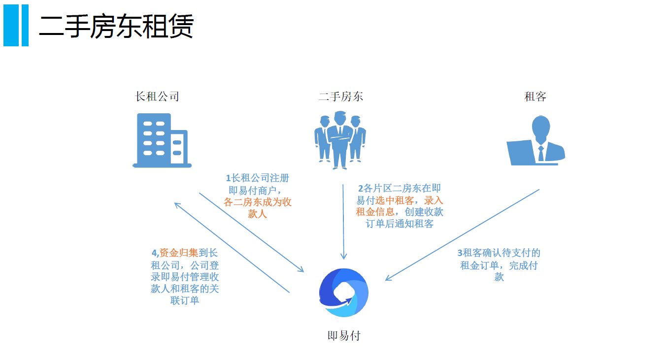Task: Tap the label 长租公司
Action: coord(157,97)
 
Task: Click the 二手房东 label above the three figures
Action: coord(340,97)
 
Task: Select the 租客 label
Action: coord(535,97)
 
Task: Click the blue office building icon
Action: coord(162,140)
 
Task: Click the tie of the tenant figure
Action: coord(541,153)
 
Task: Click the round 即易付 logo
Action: coord(344,293)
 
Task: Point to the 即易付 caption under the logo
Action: coord(344,336)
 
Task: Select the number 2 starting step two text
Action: coord(361,188)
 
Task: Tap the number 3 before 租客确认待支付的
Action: coord(460,253)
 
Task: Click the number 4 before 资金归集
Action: coord(154,253)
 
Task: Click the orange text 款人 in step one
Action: coord(257,214)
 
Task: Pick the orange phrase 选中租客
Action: coord(395,200)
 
